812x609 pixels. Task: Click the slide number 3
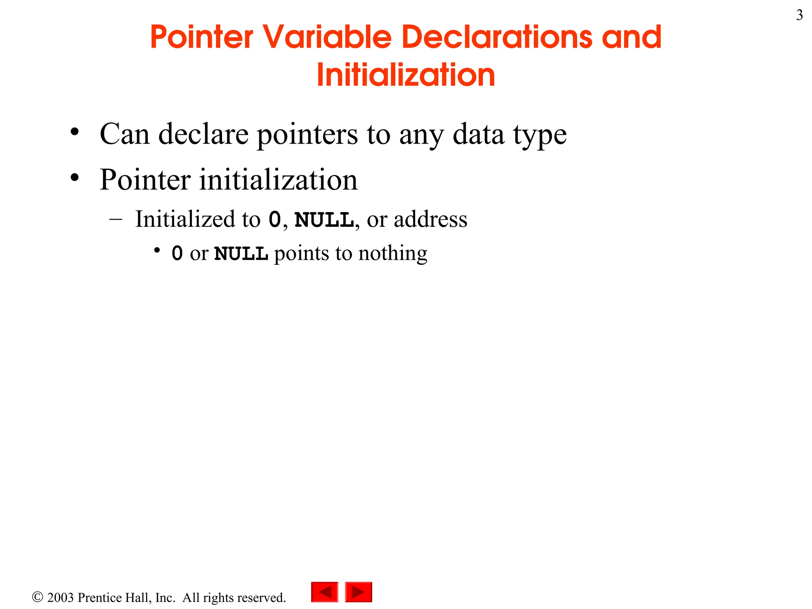pyautogui.click(x=799, y=15)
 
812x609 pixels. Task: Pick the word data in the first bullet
pyautogui.click(x=478, y=134)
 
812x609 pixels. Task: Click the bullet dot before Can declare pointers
pyautogui.click(x=75, y=132)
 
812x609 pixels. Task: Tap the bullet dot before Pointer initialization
pyautogui.click(x=75, y=178)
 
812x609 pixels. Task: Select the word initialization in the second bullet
pyautogui.click(x=278, y=180)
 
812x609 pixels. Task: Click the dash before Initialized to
pyautogui.click(x=115, y=219)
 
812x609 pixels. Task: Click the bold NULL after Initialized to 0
pyautogui.click(x=324, y=220)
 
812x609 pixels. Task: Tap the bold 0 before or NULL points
pyautogui.click(x=177, y=254)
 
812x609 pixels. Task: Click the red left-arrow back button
pyautogui.click(x=325, y=592)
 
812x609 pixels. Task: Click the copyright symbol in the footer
pyautogui.click(x=37, y=597)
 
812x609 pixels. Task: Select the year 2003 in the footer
pyautogui.click(x=60, y=598)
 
